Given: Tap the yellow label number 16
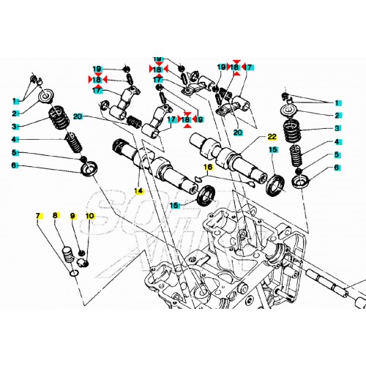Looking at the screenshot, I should pyautogui.click(x=208, y=167).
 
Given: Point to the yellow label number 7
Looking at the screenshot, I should pyautogui.click(x=37, y=216).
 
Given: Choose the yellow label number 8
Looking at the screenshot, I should pyautogui.click(x=55, y=216).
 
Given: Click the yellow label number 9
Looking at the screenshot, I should pyautogui.click(x=72, y=216).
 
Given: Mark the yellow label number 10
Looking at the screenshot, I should pyautogui.click(x=89, y=216).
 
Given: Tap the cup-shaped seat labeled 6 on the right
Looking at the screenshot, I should pyautogui.click(x=300, y=179).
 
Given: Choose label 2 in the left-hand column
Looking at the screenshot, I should pyautogui.click(x=13, y=113).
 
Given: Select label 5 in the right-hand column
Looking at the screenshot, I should pyautogui.click(x=337, y=154).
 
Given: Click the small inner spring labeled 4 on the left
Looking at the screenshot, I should pyautogui.click(x=72, y=142).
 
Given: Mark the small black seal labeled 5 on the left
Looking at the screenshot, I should pyautogui.click(x=83, y=159).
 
